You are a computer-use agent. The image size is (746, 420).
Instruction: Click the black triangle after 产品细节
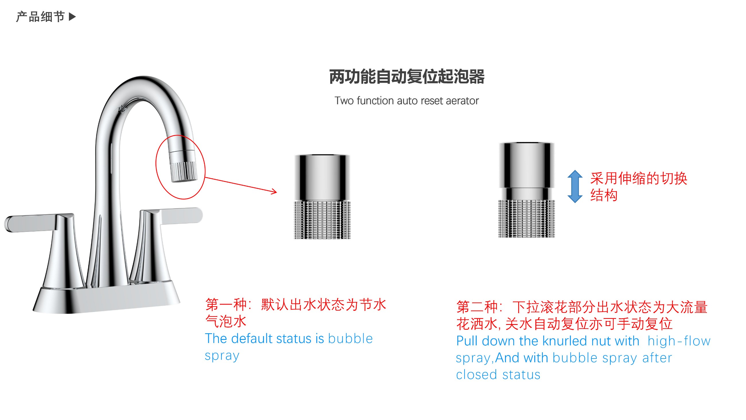72,17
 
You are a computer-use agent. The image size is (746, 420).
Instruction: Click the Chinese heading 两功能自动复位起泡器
407,77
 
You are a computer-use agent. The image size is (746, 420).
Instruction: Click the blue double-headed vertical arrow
574,186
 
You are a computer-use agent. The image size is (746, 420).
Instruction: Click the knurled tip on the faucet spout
184,172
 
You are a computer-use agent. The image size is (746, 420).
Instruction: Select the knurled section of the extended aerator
526,219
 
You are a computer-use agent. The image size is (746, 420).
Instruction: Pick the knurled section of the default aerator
322,220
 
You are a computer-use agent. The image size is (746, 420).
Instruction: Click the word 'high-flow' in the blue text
679,341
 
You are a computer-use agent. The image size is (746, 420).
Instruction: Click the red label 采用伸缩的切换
639,178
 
